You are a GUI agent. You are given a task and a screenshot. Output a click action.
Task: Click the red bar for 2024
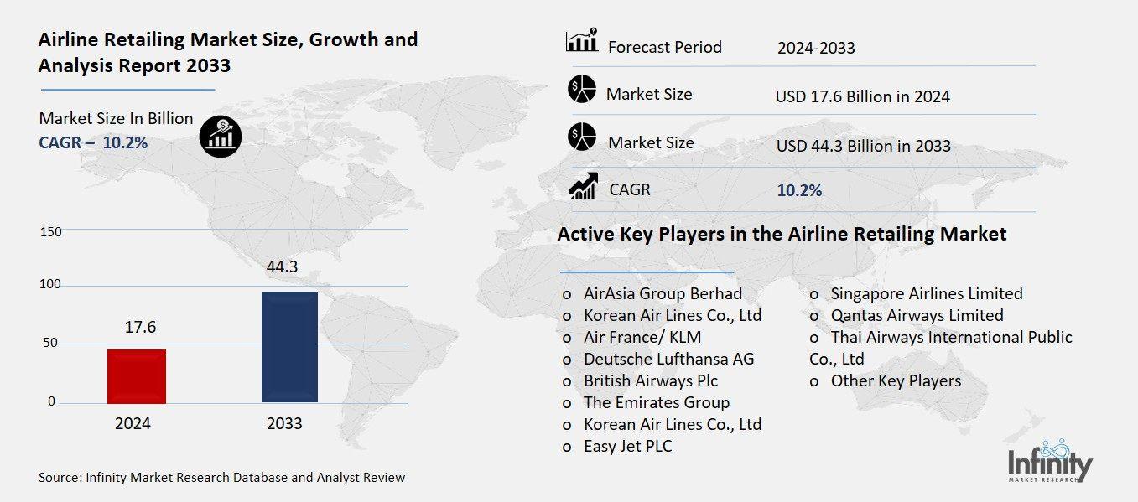click(137, 375)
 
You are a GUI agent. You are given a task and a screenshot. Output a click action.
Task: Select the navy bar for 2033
click(289, 347)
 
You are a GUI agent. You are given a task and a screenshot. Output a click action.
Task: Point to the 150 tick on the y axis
click(51, 231)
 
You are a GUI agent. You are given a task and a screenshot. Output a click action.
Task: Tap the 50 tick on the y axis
click(51, 343)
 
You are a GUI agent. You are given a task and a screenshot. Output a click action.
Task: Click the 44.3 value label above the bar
click(282, 267)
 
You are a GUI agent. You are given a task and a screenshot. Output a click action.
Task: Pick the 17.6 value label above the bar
click(140, 327)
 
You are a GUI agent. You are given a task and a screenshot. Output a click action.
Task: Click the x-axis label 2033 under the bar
click(284, 423)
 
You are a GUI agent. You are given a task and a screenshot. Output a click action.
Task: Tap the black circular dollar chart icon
click(221, 136)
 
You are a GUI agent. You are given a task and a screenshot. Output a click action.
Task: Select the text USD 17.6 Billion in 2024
click(863, 96)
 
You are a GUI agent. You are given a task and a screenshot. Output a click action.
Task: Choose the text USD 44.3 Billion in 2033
click(863, 146)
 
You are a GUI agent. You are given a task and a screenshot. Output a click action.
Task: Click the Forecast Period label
click(664, 47)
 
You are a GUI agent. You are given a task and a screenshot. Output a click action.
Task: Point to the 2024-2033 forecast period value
click(816, 48)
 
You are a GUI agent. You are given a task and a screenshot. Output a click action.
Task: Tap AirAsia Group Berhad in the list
click(663, 293)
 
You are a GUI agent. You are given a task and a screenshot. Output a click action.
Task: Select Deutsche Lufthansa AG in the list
click(668, 359)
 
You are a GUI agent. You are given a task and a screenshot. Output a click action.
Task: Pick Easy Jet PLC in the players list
click(627, 446)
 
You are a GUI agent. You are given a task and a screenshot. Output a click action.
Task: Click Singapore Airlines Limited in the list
click(926, 293)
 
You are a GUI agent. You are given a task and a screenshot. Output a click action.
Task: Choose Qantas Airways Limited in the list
click(917, 315)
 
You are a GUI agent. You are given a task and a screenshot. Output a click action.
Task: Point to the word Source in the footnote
click(59, 478)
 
